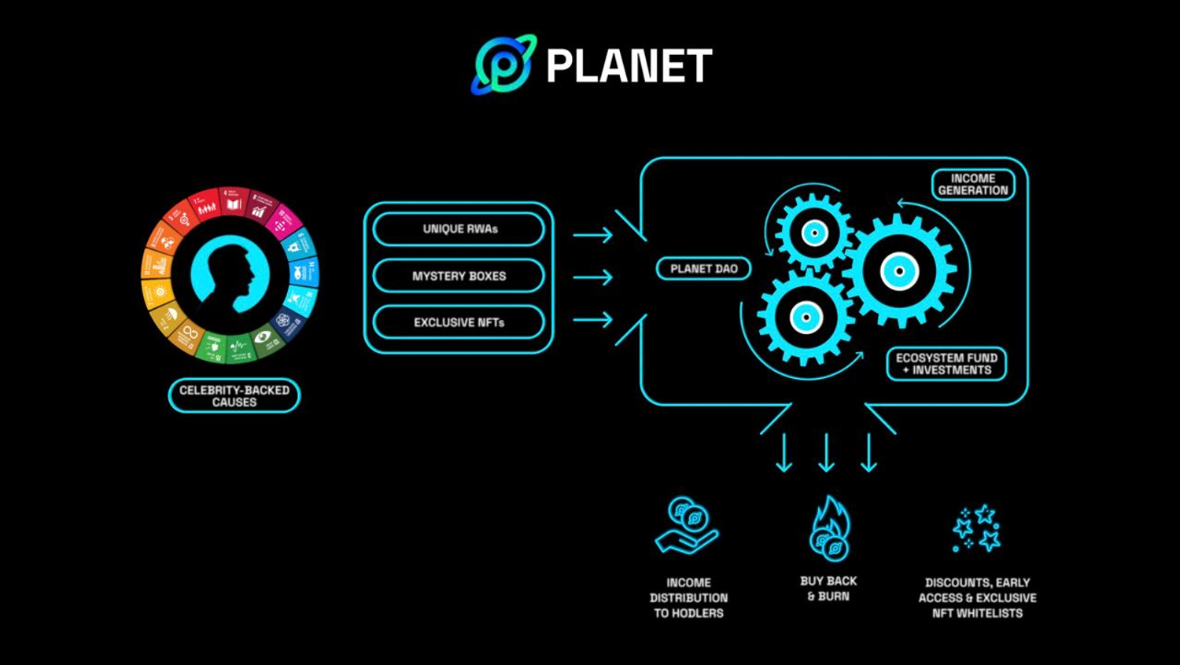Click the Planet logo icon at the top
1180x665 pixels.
[x=503, y=64]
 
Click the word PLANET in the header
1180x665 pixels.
[x=629, y=65]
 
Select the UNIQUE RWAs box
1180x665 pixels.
[x=459, y=229]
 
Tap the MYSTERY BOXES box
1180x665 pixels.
[x=459, y=276]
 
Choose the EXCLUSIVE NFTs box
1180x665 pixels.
[x=459, y=322]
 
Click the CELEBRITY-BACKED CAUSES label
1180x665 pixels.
[x=234, y=395]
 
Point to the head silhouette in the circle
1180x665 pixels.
[x=228, y=272]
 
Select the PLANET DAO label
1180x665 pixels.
[x=703, y=269]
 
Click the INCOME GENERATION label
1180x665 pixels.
[x=973, y=185]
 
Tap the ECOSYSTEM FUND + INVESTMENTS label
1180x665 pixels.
[x=946, y=364]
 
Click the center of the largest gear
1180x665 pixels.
[x=900, y=271]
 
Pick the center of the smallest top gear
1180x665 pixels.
[x=814, y=233]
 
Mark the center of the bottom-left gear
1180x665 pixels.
[x=806, y=318]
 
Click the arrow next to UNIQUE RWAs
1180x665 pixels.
[x=592, y=234]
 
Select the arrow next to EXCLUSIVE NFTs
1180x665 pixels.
[x=592, y=319]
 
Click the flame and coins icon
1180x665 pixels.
[x=830, y=528]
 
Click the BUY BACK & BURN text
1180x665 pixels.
[x=828, y=589]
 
